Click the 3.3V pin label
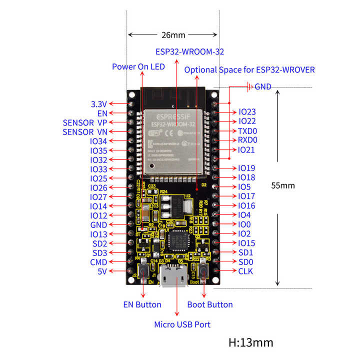pos(98,104)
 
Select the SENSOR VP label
pos(85,122)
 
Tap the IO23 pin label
pos(247,112)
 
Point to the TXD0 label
pos(248,131)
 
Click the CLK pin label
pos(245,271)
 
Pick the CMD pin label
pos(98,262)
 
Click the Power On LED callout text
pos(138,66)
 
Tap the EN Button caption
pos(142,304)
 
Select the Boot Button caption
pos(210,304)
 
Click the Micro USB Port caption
pos(182,324)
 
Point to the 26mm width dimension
pos(173,35)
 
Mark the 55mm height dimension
pos(283,185)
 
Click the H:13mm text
pos(251,342)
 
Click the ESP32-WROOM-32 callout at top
pos(189,51)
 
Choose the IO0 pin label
pos(244,224)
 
